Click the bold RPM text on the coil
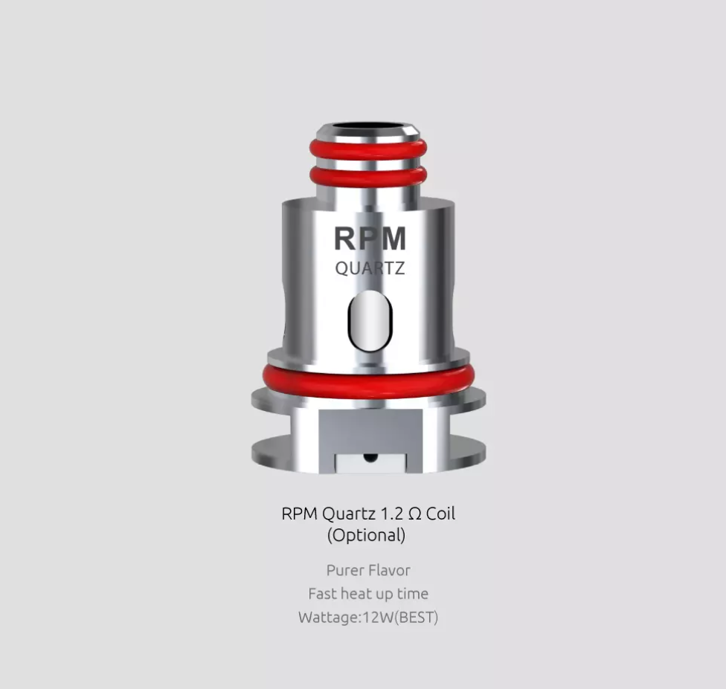[370, 239]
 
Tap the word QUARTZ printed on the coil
[370, 268]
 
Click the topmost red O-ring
[368, 149]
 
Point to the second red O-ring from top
[368, 176]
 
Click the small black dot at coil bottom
[368, 458]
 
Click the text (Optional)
[367, 534]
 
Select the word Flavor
[391, 570]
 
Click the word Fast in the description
[322, 594]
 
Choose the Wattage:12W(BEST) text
[368, 617]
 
